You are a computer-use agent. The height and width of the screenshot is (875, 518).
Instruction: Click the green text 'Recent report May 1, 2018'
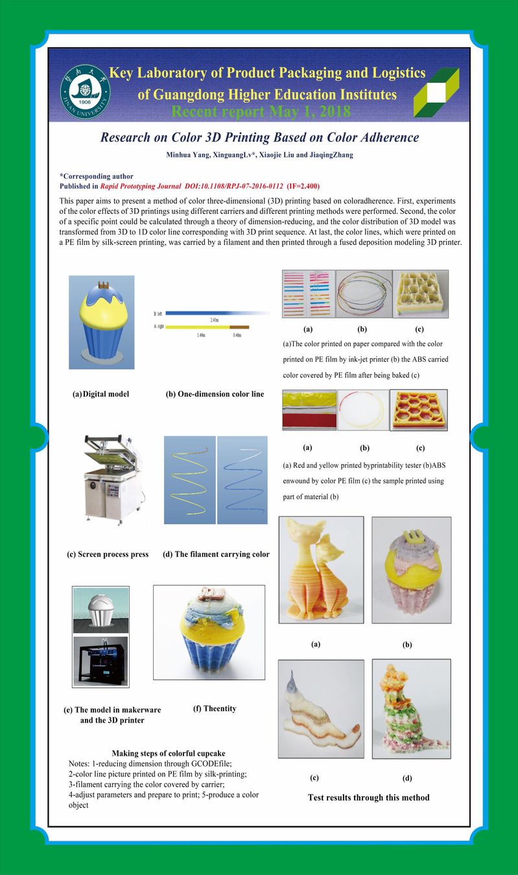[x=261, y=111]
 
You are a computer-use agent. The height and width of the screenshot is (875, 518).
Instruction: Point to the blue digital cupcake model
[x=102, y=322]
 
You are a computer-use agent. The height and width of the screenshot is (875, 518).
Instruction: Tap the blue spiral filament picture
[x=241, y=479]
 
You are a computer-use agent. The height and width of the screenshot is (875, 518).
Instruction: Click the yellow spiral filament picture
[x=190, y=479]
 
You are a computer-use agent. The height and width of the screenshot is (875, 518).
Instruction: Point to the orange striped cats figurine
[x=320, y=569]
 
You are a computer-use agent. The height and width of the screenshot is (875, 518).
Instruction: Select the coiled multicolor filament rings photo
[x=364, y=294]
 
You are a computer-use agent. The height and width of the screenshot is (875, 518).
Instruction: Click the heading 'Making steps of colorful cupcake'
[x=169, y=753]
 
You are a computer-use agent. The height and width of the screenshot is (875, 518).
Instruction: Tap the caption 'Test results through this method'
[x=368, y=797]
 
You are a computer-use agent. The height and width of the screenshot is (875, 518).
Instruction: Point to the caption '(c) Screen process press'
[x=108, y=554]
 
